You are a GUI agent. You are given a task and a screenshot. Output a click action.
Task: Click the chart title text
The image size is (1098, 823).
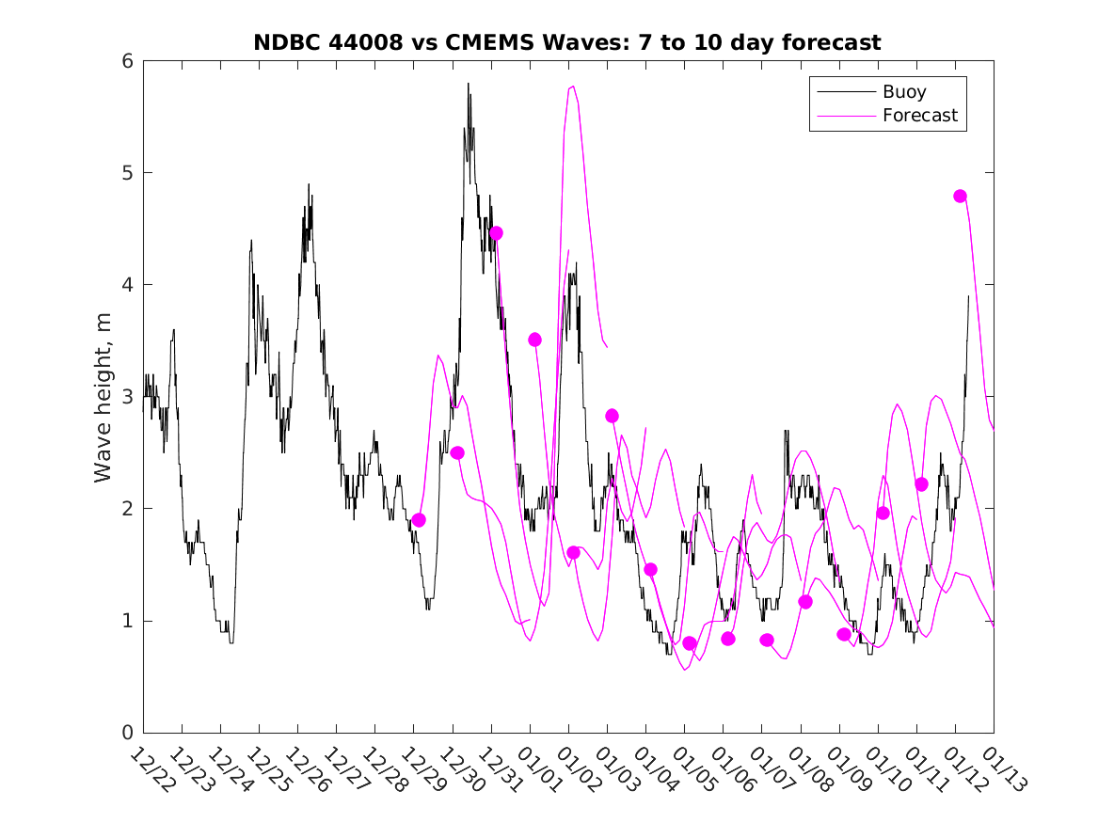tap(567, 42)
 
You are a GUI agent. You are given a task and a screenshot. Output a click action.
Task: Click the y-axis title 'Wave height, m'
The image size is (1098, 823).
tap(103, 397)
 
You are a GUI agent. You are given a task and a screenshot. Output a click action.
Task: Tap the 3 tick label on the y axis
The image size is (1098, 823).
tap(125, 397)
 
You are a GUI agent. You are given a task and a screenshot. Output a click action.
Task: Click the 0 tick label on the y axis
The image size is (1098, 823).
tap(125, 733)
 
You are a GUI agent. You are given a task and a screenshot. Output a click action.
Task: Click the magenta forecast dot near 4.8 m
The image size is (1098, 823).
tap(960, 196)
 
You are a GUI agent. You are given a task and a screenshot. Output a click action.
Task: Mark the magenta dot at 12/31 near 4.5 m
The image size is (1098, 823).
tap(496, 232)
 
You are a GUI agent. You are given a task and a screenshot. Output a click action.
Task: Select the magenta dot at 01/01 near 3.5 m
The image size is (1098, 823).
tap(534, 340)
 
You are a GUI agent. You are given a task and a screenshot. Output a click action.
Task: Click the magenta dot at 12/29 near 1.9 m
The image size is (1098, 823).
tap(419, 520)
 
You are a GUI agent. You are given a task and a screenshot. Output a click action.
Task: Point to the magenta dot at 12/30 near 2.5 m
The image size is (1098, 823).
tap(457, 452)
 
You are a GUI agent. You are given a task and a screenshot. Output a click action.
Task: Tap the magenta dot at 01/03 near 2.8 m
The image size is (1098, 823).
tap(612, 416)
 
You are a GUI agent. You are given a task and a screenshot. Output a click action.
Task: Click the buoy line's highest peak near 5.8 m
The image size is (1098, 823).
tap(468, 84)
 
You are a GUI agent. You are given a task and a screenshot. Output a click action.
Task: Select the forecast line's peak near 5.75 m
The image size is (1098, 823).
tap(572, 87)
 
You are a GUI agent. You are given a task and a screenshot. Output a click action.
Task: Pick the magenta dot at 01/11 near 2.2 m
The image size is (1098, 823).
tap(921, 483)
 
